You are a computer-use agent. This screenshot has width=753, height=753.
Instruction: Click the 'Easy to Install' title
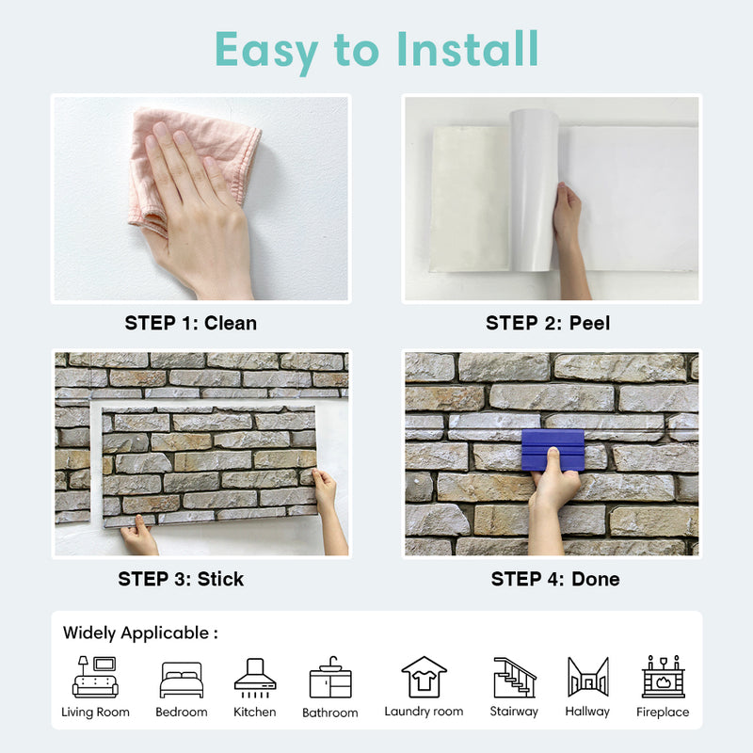[376, 49]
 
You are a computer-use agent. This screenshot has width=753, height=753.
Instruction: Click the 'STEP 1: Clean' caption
[190, 323]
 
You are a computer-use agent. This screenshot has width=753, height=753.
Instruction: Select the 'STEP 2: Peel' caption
[548, 323]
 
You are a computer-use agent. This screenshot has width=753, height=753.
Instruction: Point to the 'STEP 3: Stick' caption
[181, 579]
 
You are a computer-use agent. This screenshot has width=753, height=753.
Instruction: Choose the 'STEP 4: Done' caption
[555, 579]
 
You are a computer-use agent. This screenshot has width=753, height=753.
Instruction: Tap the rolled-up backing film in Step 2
[534, 188]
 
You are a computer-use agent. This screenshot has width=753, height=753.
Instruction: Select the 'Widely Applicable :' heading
[140, 633]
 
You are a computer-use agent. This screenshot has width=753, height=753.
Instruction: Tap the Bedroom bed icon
[181, 679]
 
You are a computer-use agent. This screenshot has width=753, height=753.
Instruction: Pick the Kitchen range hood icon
[255, 677]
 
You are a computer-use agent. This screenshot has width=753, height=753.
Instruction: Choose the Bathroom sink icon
[330, 678]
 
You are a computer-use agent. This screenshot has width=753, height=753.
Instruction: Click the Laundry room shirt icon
[424, 677]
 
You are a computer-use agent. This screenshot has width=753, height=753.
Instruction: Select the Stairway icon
[514, 677]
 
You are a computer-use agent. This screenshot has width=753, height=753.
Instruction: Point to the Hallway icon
[587, 677]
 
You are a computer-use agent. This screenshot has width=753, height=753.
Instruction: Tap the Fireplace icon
[663, 677]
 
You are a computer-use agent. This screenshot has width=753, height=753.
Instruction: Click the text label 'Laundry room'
[424, 712]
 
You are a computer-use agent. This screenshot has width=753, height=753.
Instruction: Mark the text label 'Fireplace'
[663, 713]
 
